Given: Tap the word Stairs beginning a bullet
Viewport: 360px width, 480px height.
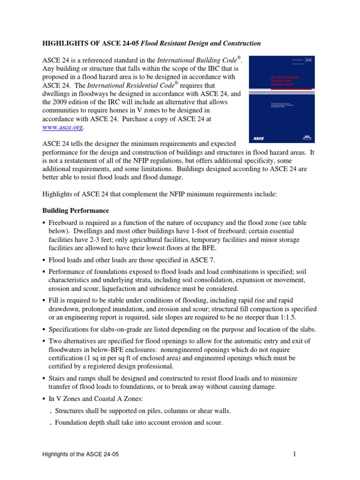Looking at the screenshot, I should click(59, 378).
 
